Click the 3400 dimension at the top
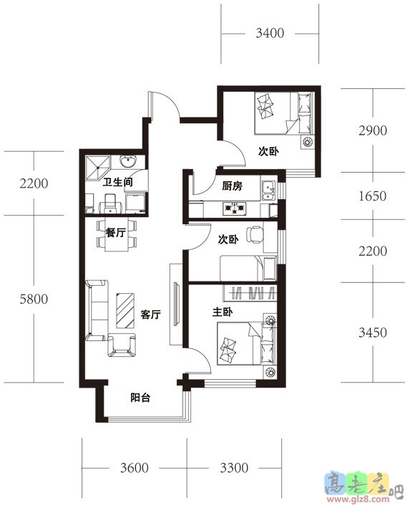pyautogui.click(x=270, y=33)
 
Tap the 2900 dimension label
pyautogui.click(x=373, y=130)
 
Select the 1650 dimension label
pyautogui.click(x=373, y=196)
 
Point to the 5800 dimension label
pyautogui.click(x=34, y=299)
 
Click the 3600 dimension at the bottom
pyautogui.click(x=135, y=468)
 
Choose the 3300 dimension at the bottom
pyautogui.click(x=234, y=468)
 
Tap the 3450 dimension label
pyautogui.click(x=373, y=332)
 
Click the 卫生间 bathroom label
pyautogui.click(x=118, y=182)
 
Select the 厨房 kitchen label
pyautogui.click(x=232, y=186)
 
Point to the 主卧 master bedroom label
pyautogui.click(x=223, y=312)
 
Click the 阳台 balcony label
pyautogui.click(x=140, y=398)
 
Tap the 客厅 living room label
pyautogui.click(x=151, y=315)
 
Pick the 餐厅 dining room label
pyautogui.click(x=115, y=232)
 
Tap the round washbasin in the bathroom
pyautogui.click(x=128, y=161)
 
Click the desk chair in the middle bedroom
pyautogui.click(x=254, y=234)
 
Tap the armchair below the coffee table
pyautogui.click(x=122, y=345)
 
